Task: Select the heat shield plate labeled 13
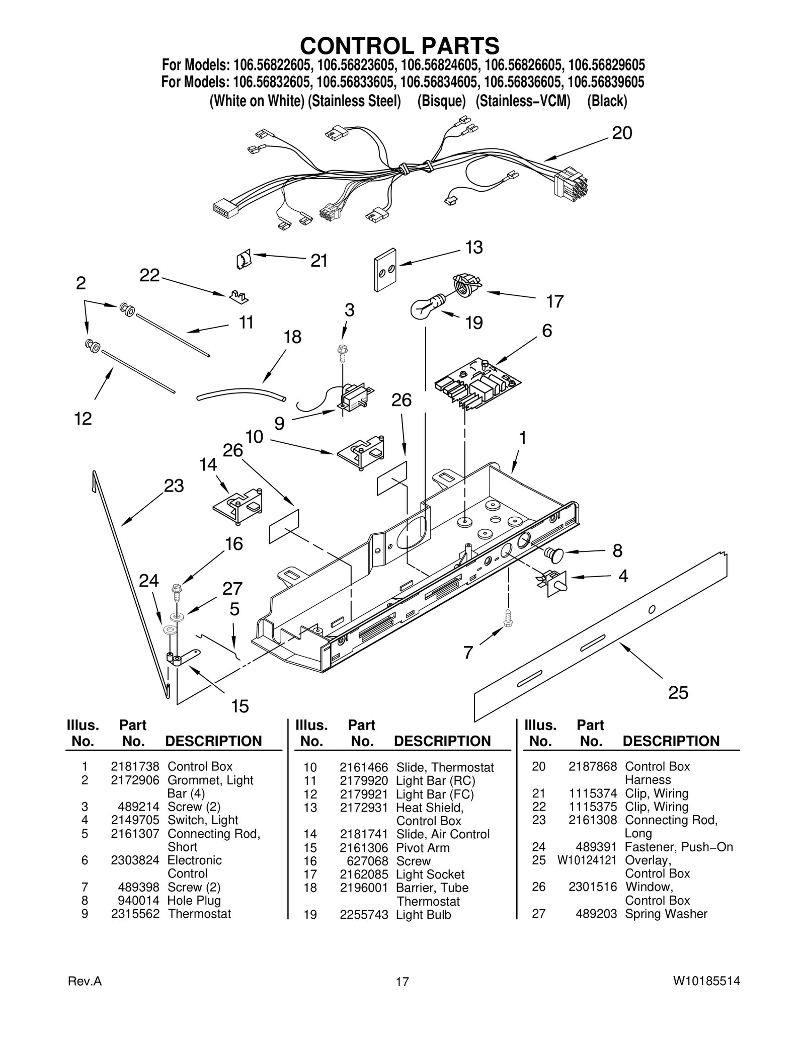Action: tap(384, 270)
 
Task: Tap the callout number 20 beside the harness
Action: tap(621, 133)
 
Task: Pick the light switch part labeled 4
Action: tap(553, 582)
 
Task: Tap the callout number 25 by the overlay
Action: tap(678, 693)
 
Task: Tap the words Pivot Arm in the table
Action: tap(423, 848)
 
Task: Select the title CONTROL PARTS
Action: tap(400, 46)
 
